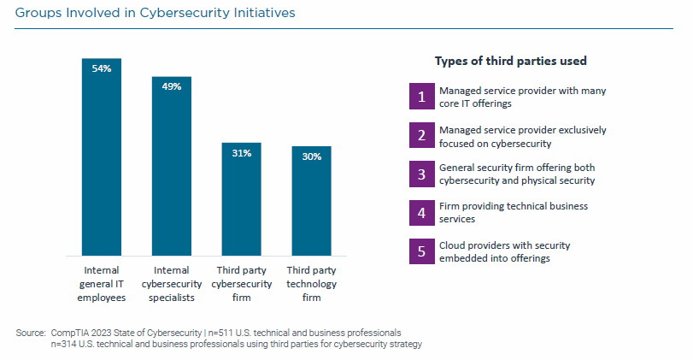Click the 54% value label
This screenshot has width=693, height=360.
(x=102, y=68)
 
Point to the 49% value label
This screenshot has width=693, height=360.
(x=172, y=86)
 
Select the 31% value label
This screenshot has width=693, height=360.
(x=242, y=153)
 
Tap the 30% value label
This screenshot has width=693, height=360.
(x=311, y=156)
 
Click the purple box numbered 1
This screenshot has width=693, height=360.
(x=420, y=96)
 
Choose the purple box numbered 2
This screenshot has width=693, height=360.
(x=420, y=135)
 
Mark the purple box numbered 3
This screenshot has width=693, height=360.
(x=420, y=174)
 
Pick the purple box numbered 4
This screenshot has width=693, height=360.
(x=420, y=212)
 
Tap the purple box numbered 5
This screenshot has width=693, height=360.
(x=420, y=251)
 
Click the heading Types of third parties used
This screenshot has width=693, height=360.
(x=510, y=61)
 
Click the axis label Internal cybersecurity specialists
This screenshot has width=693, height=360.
(x=172, y=284)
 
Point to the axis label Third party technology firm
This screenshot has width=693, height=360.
(x=311, y=284)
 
